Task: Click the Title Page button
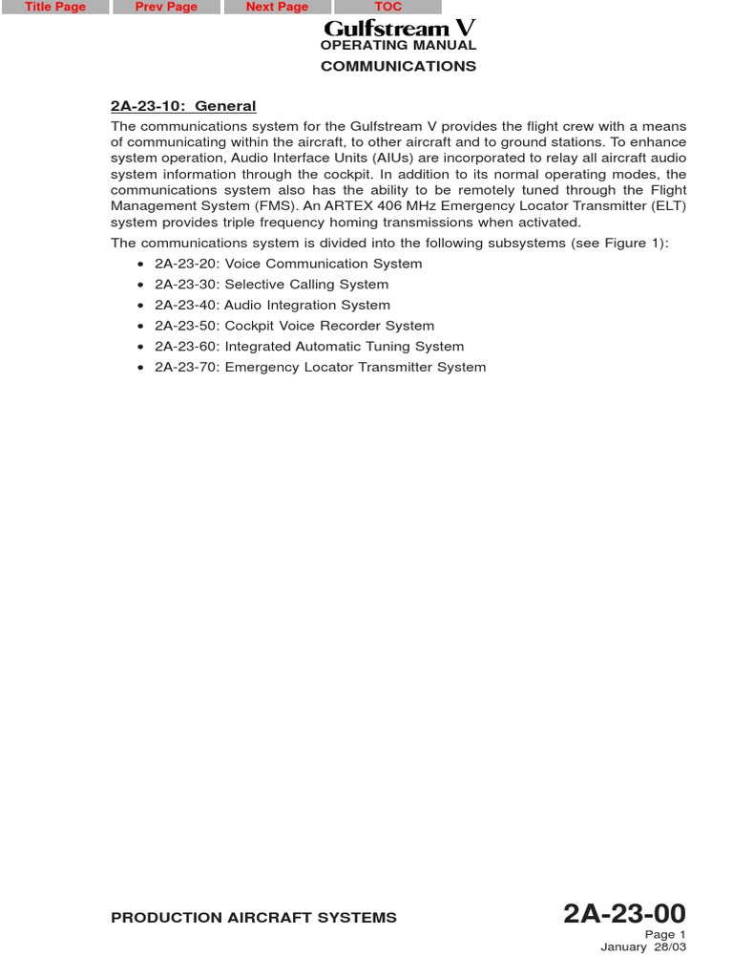(x=55, y=7)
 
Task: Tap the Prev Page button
(x=166, y=7)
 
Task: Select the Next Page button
(x=277, y=7)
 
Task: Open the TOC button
(x=387, y=7)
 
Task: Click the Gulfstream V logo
(x=399, y=28)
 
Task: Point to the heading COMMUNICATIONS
(x=398, y=67)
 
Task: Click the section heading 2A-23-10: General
(x=183, y=106)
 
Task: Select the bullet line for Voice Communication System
(x=287, y=264)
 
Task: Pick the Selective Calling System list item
(x=271, y=285)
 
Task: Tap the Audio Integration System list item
(x=272, y=306)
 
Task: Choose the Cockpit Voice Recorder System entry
(x=294, y=326)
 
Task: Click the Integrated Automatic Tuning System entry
(x=309, y=347)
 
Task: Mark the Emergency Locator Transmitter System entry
(x=320, y=368)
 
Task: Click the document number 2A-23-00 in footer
(x=624, y=914)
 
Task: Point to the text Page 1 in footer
(x=665, y=935)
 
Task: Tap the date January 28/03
(x=643, y=947)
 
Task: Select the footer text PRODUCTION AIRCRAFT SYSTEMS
(x=254, y=918)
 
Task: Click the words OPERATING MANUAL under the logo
(x=398, y=46)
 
